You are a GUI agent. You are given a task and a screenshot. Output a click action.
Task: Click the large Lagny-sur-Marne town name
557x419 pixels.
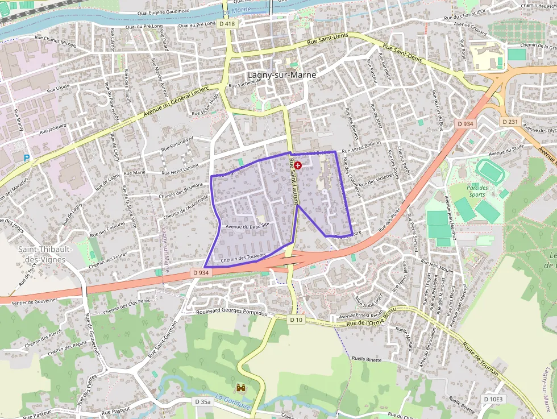pos(281,74)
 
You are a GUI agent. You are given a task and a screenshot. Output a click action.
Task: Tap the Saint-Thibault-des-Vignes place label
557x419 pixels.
pos(41,254)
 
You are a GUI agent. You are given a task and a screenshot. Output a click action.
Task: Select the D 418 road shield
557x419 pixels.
pos(226,23)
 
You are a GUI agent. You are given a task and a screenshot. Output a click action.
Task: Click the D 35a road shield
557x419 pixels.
pos(203,401)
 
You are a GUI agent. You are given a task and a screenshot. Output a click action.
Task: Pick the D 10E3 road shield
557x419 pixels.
pos(493,399)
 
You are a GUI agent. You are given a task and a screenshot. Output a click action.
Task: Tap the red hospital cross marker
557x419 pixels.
pos(298,164)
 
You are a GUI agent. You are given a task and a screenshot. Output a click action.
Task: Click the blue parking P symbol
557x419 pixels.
pos(26,158)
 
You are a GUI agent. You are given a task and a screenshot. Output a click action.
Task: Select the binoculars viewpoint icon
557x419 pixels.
pos(241,387)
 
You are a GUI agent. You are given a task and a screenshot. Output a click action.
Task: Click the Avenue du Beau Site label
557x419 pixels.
pos(247,226)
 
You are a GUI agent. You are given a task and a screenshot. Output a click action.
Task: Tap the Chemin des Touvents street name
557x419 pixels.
pos(243,258)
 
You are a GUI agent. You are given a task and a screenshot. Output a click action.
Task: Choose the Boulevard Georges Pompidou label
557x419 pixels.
pos(231,313)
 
